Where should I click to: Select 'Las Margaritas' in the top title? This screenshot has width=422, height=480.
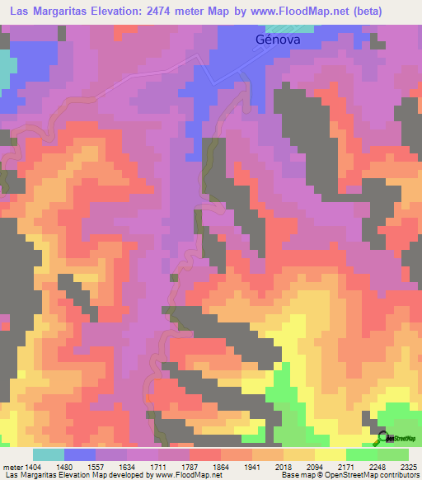pyautogui.click(x=46, y=11)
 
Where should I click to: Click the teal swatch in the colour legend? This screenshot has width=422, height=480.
pyautogui.click(x=48, y=455)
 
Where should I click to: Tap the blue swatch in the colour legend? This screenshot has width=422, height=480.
pyautogui.click(x=79, y=455)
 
